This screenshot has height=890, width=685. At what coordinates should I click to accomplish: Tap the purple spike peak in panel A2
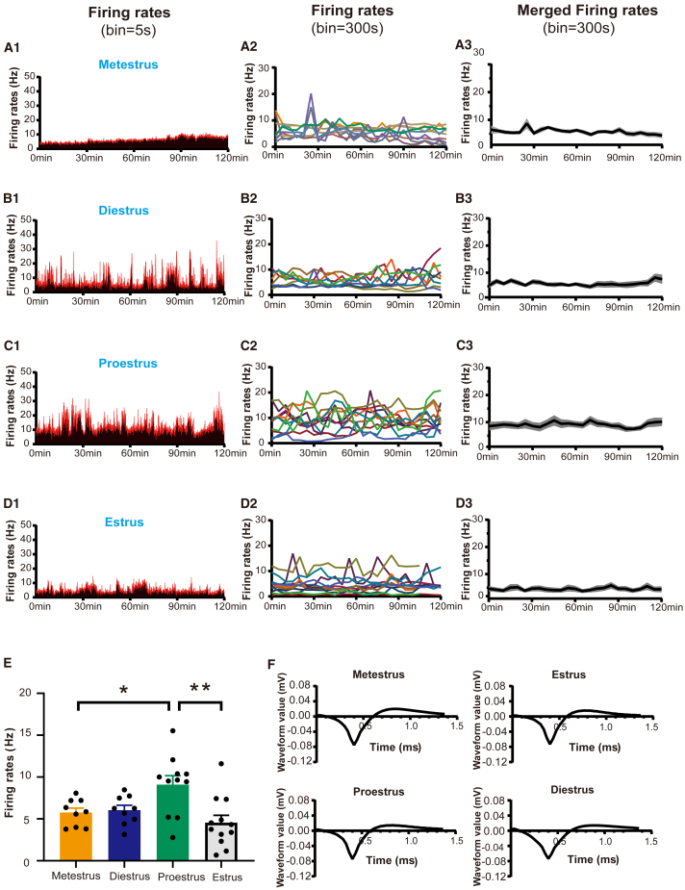(312, 95)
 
